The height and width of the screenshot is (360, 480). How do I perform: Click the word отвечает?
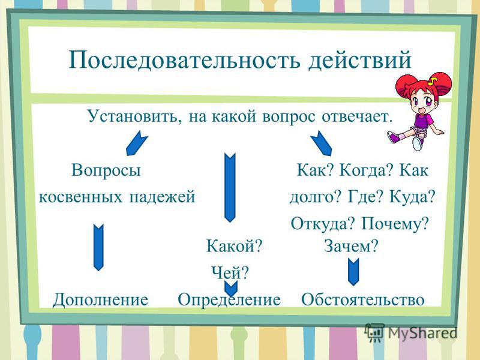(x=357, y=116)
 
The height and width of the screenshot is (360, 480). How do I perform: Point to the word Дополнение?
(x=100, y=299)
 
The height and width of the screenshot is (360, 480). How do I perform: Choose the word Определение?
(x=229, y=299)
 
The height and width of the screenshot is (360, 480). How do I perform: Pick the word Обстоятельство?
(x=363, y=299)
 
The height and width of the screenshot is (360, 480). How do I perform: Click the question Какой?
(x=235, y=245)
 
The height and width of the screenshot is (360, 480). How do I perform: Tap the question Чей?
(x=230, y=272)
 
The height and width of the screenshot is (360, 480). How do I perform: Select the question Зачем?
(x=351, y=245)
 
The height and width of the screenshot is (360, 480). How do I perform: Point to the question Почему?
(x=395, y=224)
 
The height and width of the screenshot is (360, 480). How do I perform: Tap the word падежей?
(x=162, y=196)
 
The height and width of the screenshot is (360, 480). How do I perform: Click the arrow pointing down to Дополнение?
(x=98, y=248)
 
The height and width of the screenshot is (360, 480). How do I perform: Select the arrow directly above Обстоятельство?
(x=353, y=272)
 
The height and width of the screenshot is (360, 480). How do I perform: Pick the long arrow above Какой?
(x=230, y=187)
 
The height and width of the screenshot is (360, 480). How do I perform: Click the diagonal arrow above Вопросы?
(x=137, y=143)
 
